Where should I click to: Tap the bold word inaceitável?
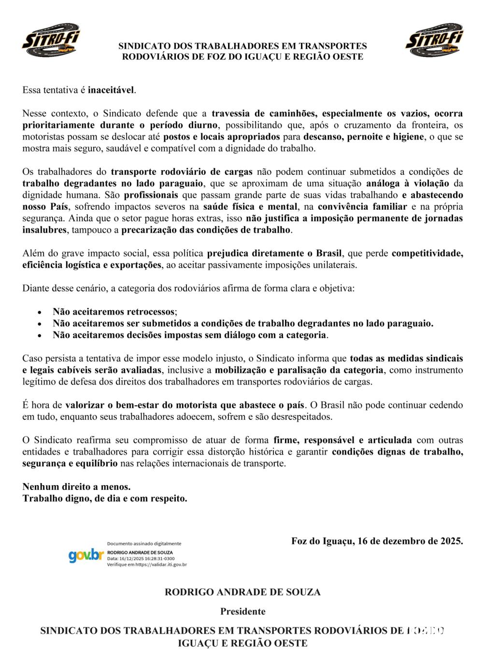point(112,90)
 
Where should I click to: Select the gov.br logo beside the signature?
point(86,556)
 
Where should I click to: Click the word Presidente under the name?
point(243,611)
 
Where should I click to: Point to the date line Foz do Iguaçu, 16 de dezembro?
point(377,541)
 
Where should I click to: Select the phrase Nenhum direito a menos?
point(76,487)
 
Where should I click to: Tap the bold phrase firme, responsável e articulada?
point(342,440)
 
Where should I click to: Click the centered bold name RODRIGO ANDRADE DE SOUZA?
point(243,592)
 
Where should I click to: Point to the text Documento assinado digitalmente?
point(144,544)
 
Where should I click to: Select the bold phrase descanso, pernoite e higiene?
point(364,137)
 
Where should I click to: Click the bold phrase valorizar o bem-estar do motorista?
point(185,405)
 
